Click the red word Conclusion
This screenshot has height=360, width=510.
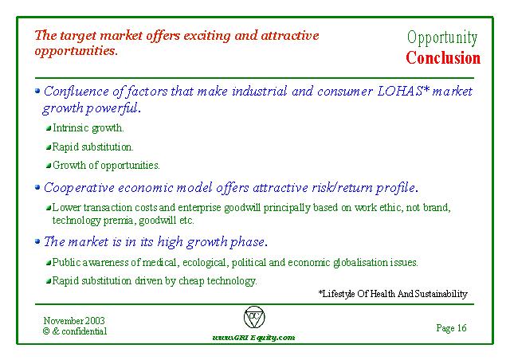443,58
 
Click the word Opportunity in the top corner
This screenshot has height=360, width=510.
442,37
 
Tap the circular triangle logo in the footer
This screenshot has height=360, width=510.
254,317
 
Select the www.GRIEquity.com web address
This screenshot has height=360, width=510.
253,338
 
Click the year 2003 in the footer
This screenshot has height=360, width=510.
95,321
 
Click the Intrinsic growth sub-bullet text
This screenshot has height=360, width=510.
88,127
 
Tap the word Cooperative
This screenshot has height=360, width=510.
79,188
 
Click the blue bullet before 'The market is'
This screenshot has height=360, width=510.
37,241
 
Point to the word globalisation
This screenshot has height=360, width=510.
360,263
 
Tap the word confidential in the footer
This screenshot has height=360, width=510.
84,331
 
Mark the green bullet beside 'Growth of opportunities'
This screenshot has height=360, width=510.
49,166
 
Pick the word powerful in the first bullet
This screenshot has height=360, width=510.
113,108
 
